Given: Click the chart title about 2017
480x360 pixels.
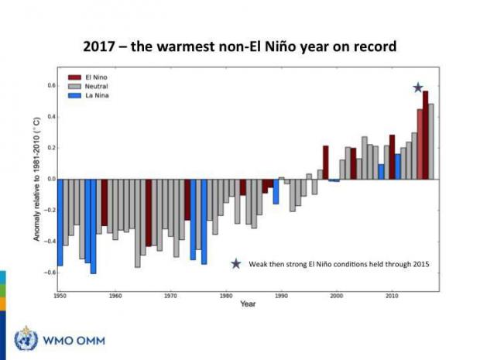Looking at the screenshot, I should (x=240, y=46).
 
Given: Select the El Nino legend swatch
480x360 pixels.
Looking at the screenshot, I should (x=75, y=78).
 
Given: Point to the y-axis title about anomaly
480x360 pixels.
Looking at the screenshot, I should (x=36, y=179).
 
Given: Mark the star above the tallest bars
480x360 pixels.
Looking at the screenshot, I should (x=418, y=88).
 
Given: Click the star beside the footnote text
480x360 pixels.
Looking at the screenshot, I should (x=236, y=264).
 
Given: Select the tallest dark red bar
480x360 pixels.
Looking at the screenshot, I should (x=425, y=135).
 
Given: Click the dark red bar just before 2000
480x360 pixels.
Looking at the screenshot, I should (x=325, y=162).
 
